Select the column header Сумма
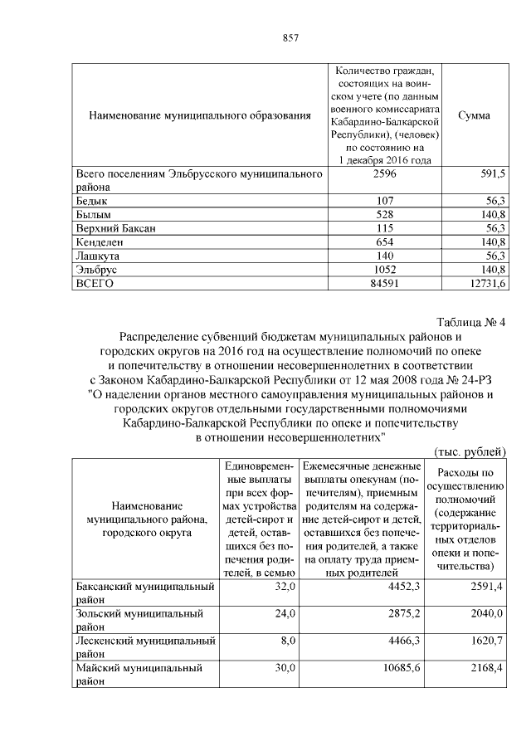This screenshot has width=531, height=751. [x=474, y=115]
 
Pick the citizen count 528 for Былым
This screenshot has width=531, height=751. [x=383, y=214]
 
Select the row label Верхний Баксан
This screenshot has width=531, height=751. [x=115, y=228]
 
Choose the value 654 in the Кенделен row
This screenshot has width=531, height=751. [x=383, y=242]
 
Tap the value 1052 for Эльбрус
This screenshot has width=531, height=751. [x=383, y=271]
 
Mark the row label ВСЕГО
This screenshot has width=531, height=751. [x=95, y=284]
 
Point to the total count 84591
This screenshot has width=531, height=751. [x=383, y=284]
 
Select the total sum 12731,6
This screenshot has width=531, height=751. [x=489, y=284]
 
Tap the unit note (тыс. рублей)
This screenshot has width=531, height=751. [x=470, y=450]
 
